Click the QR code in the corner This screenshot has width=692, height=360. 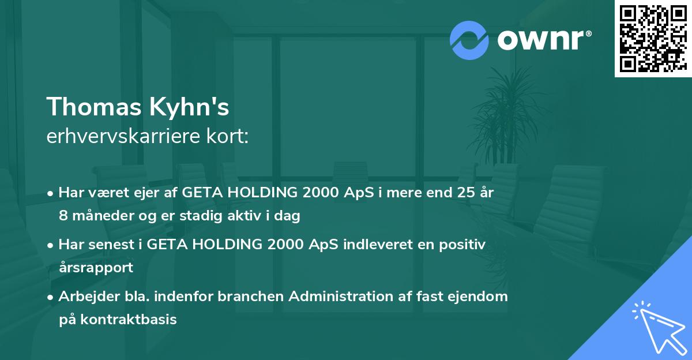(x=653, y=38)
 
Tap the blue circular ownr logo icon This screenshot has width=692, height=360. (x=469, y=40)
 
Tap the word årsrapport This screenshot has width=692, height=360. (x=96, y=268)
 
